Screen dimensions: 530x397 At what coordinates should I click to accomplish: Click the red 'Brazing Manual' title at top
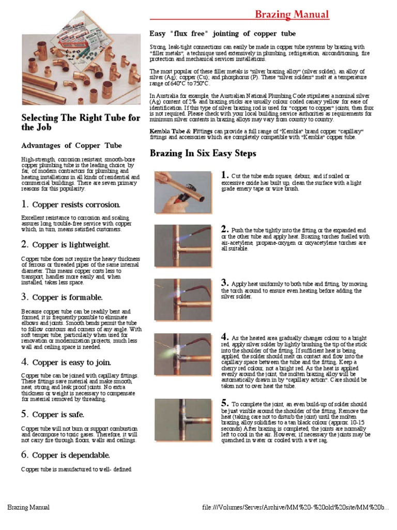click(x=292, y=14)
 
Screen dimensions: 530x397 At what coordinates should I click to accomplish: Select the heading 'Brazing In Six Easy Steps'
click(x=203, y=154)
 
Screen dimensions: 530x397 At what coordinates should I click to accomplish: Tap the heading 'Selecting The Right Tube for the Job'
click(x=80, y=122)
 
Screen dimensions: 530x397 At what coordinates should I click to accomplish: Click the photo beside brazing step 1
click(x=183, y=191)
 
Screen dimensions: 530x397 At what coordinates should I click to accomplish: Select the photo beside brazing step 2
click(x=183, y=245)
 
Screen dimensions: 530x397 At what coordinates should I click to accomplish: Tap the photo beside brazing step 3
click(x=183, y=300)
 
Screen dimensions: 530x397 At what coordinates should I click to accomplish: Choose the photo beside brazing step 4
click(x=183, y=355)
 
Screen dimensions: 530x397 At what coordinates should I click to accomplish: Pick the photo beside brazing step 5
click(x=183, y=419)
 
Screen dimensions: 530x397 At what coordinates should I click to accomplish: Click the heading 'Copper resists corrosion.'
click(x=71, y=204)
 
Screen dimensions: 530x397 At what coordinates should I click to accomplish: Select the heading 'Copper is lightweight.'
click(x=65, y=244)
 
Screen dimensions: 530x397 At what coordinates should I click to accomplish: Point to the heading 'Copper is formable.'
click(x=62, y=297)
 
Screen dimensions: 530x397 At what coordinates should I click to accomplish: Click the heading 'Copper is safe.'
click(x=53, y=415)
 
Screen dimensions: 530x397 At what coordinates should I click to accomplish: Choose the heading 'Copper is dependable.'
click(x=66, y=455)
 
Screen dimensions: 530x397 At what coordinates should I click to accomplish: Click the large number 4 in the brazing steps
click(x=225, y=336)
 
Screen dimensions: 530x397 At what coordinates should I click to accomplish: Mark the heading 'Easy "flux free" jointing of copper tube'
click(x=223, y=34)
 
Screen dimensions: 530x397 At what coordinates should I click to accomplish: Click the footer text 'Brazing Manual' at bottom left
click(x=28, y=507)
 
